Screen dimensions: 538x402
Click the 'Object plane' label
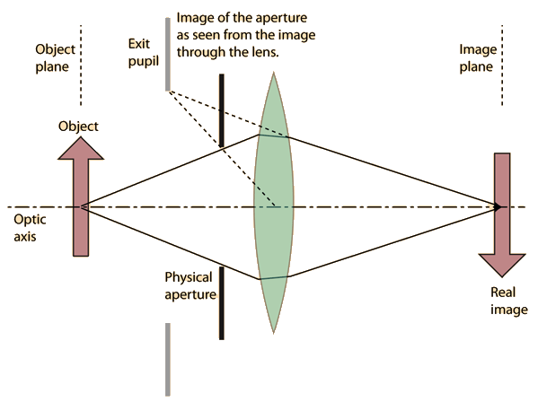tap(55, 58)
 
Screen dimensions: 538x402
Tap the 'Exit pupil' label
tap(144, 53)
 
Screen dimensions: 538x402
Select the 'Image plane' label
tap(478, 58)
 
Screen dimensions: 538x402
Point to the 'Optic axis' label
tap(30, 228)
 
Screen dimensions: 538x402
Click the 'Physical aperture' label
tap(190, 286)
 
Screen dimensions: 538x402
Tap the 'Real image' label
tap(509, 301)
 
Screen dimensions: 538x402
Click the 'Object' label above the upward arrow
tap(78, 127)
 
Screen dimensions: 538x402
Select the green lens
tap(273, 202)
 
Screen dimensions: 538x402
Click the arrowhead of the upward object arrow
tap(81, 148)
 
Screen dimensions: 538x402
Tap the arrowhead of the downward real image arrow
tap(502, 265)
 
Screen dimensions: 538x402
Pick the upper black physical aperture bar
tap(222, 110)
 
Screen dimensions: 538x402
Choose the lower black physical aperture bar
tap(222, 303)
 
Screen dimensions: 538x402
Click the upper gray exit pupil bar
tap(168, 54)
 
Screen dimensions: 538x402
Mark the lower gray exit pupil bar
tap(168, 360)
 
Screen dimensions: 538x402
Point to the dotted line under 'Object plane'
tap(81, 66)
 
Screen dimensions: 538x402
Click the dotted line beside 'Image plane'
tap(502, 66)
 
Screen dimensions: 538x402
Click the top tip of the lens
tap(273, 73)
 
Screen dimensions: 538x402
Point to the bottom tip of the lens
tap(273, 333)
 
